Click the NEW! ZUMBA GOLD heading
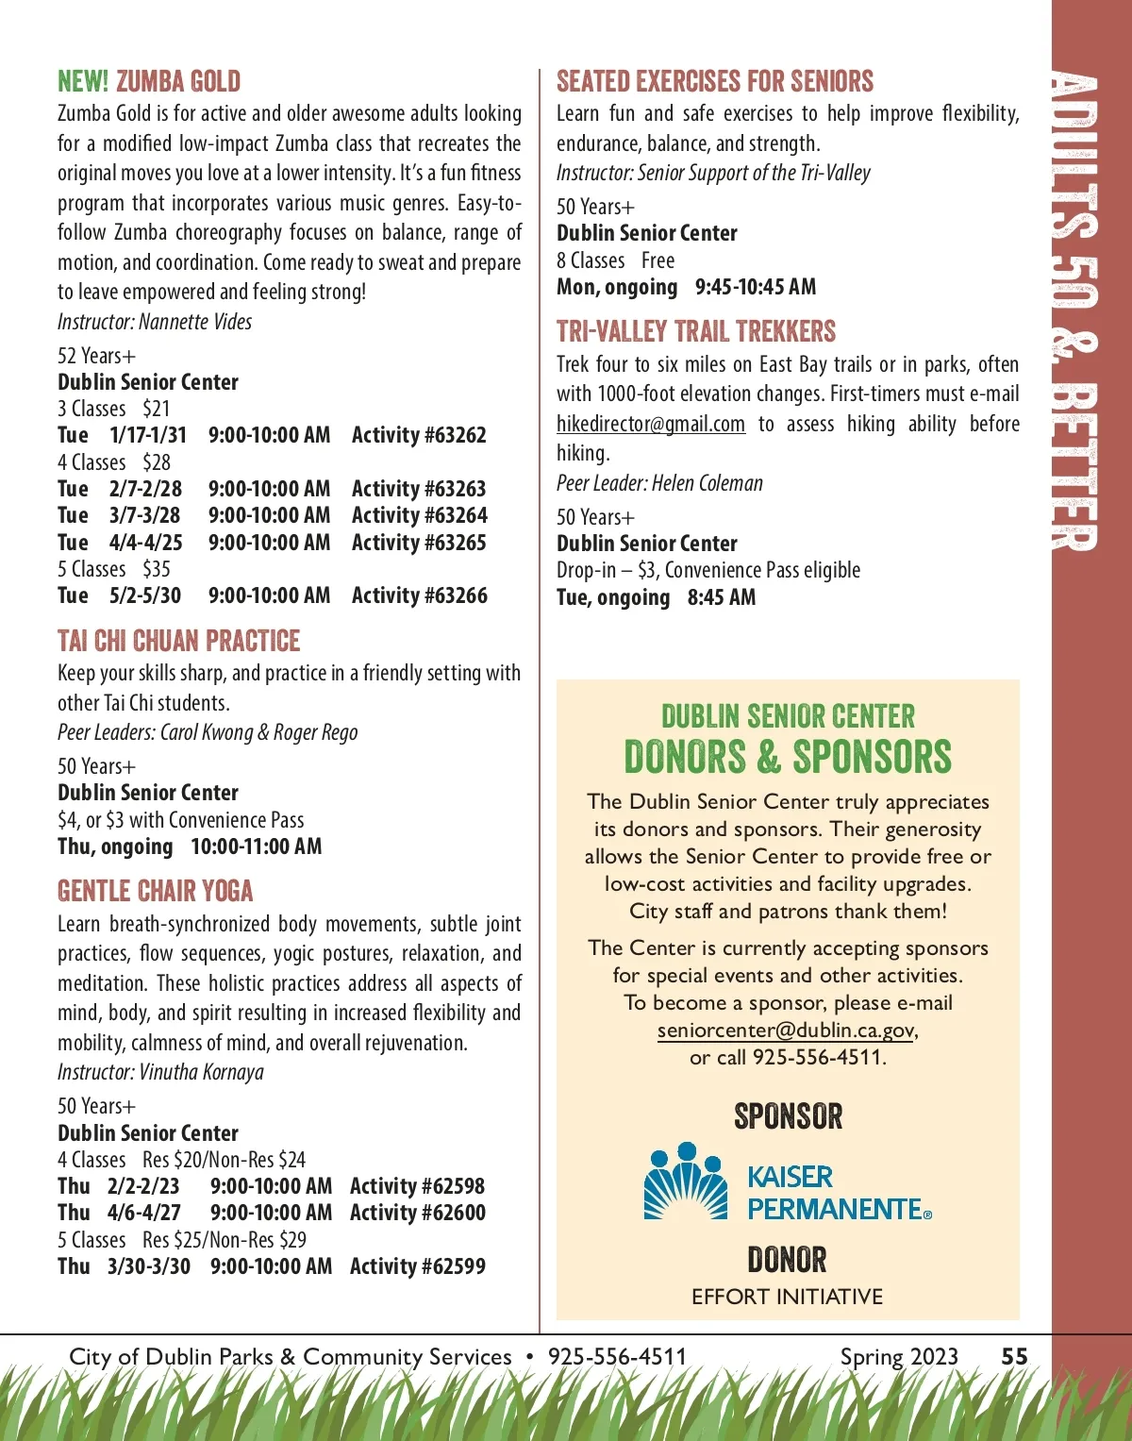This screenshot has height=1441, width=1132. pyautogui.click(x=149, y=81)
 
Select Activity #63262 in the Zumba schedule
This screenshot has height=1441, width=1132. pyautogui.click(x=419, y=435)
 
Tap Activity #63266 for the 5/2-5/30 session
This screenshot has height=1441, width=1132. pyautogui.click(x=419, y=595)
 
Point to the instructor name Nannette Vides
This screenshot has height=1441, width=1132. pyautogui.click(x=195, y=322)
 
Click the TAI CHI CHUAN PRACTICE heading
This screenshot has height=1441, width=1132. pyautogui.click(x=178, y=641)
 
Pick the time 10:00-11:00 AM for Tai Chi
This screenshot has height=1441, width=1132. pyautogui.click(x=256, y=846)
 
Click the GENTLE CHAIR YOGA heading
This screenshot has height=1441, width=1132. pyautogui.click(x=156, y=891)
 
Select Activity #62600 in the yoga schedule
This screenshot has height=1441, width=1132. pyautogui.click(x=417, y=1213)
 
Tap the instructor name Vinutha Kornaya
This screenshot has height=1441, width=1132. pyautogui.click(x=201, y=1072)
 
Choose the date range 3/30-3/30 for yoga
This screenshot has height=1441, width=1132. pyautogui.click(x=148, y=1266)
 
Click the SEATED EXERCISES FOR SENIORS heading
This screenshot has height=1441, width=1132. pyautogui.click(x=715, y=81)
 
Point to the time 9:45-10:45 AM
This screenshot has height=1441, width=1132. pyautogui.click(x=756, y=287)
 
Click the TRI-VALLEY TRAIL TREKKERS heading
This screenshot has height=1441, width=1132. pyautogui.click(x=696, y=331)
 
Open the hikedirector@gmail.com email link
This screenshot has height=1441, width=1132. pyautogui.click(x=651, y=424)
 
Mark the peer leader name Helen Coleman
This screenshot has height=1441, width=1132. pyautogui.click(x=707, y=483)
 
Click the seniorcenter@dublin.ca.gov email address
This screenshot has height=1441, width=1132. pyautogui.click(x=786, y=1030)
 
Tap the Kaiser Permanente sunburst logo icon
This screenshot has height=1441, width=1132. pyautogui.click(x=686, y=1181)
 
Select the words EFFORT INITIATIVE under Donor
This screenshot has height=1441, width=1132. pyautogui.click(x=787, y=1297)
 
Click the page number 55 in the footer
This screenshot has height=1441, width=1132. pyautogui.click(x=1014, y=1356)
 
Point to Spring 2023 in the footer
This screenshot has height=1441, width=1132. pyautogui.click(x=899, y=1356)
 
